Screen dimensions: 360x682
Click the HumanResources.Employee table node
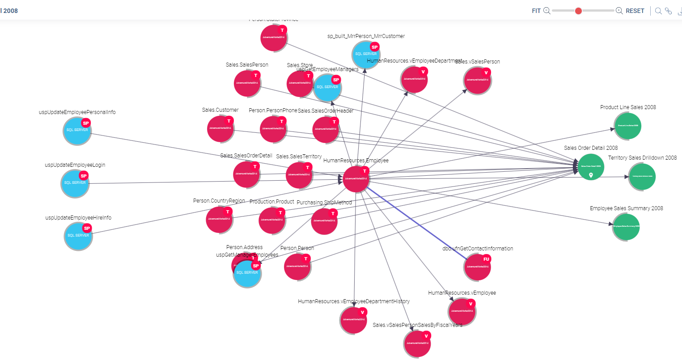[356, 179]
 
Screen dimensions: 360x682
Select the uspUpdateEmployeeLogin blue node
[75, 183]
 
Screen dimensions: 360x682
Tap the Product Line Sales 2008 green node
[628, 126]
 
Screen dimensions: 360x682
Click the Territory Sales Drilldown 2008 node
[642, 177]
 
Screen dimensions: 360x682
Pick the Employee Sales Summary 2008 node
[626, 226]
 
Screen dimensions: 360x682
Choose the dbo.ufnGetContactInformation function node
[477, 267]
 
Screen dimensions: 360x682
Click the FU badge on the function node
[486, 259]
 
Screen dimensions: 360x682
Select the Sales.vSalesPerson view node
[477, 80]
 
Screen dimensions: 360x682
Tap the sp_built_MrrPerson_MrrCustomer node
[366, 55]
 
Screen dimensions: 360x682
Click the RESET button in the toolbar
[635, 11]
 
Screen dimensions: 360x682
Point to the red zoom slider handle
[578, 11]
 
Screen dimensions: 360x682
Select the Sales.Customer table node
[220, 128]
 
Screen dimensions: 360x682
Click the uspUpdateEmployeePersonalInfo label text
[77, 112]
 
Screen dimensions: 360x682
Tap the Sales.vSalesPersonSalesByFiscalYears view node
[417, 343]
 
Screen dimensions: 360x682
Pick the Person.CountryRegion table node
[219, 219]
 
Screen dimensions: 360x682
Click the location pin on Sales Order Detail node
[591, 175]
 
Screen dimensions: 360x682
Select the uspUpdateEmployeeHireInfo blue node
[78, 236]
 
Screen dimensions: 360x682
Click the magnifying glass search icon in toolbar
[658, 11]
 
